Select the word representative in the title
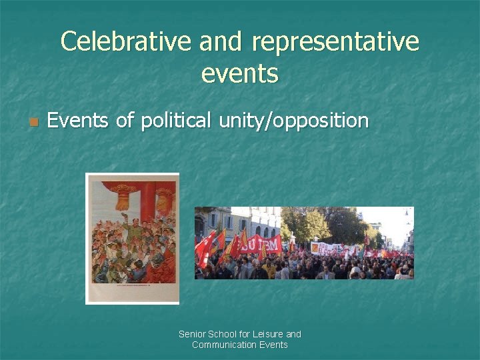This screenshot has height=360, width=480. [336, 42]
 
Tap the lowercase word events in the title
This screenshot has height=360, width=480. [239, 73]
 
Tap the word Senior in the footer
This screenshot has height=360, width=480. [193, 334]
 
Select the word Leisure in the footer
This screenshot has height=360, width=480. [268, 334]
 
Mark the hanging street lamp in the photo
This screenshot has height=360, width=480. [405, 214]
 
